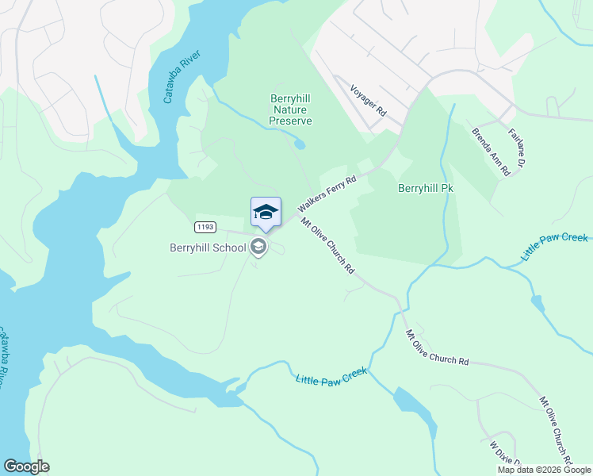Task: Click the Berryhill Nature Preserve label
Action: point(290,109)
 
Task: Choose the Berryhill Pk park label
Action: point(425,189)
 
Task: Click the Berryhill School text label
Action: point(208,247)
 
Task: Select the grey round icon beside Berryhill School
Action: point(258,247)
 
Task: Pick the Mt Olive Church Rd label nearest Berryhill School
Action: point(327,245)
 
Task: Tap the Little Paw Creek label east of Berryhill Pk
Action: point(554,248)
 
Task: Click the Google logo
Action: point(26,466)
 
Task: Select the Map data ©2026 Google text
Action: point(544,470)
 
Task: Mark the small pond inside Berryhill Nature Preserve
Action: point(298,144)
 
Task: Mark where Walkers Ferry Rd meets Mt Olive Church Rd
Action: point(294,215)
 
